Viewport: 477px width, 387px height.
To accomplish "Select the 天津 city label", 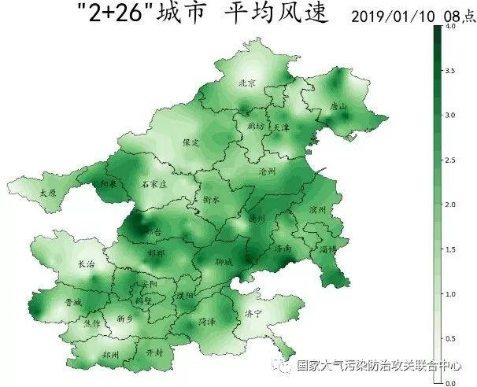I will (281, 127).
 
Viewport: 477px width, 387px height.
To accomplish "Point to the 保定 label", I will (191, 143).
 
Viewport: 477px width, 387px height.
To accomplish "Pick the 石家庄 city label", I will (154, 184).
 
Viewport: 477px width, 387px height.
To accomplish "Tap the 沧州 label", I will (268, 171).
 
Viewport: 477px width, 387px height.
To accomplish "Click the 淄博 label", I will (327, 249).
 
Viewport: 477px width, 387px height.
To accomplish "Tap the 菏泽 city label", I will (207, 321).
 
